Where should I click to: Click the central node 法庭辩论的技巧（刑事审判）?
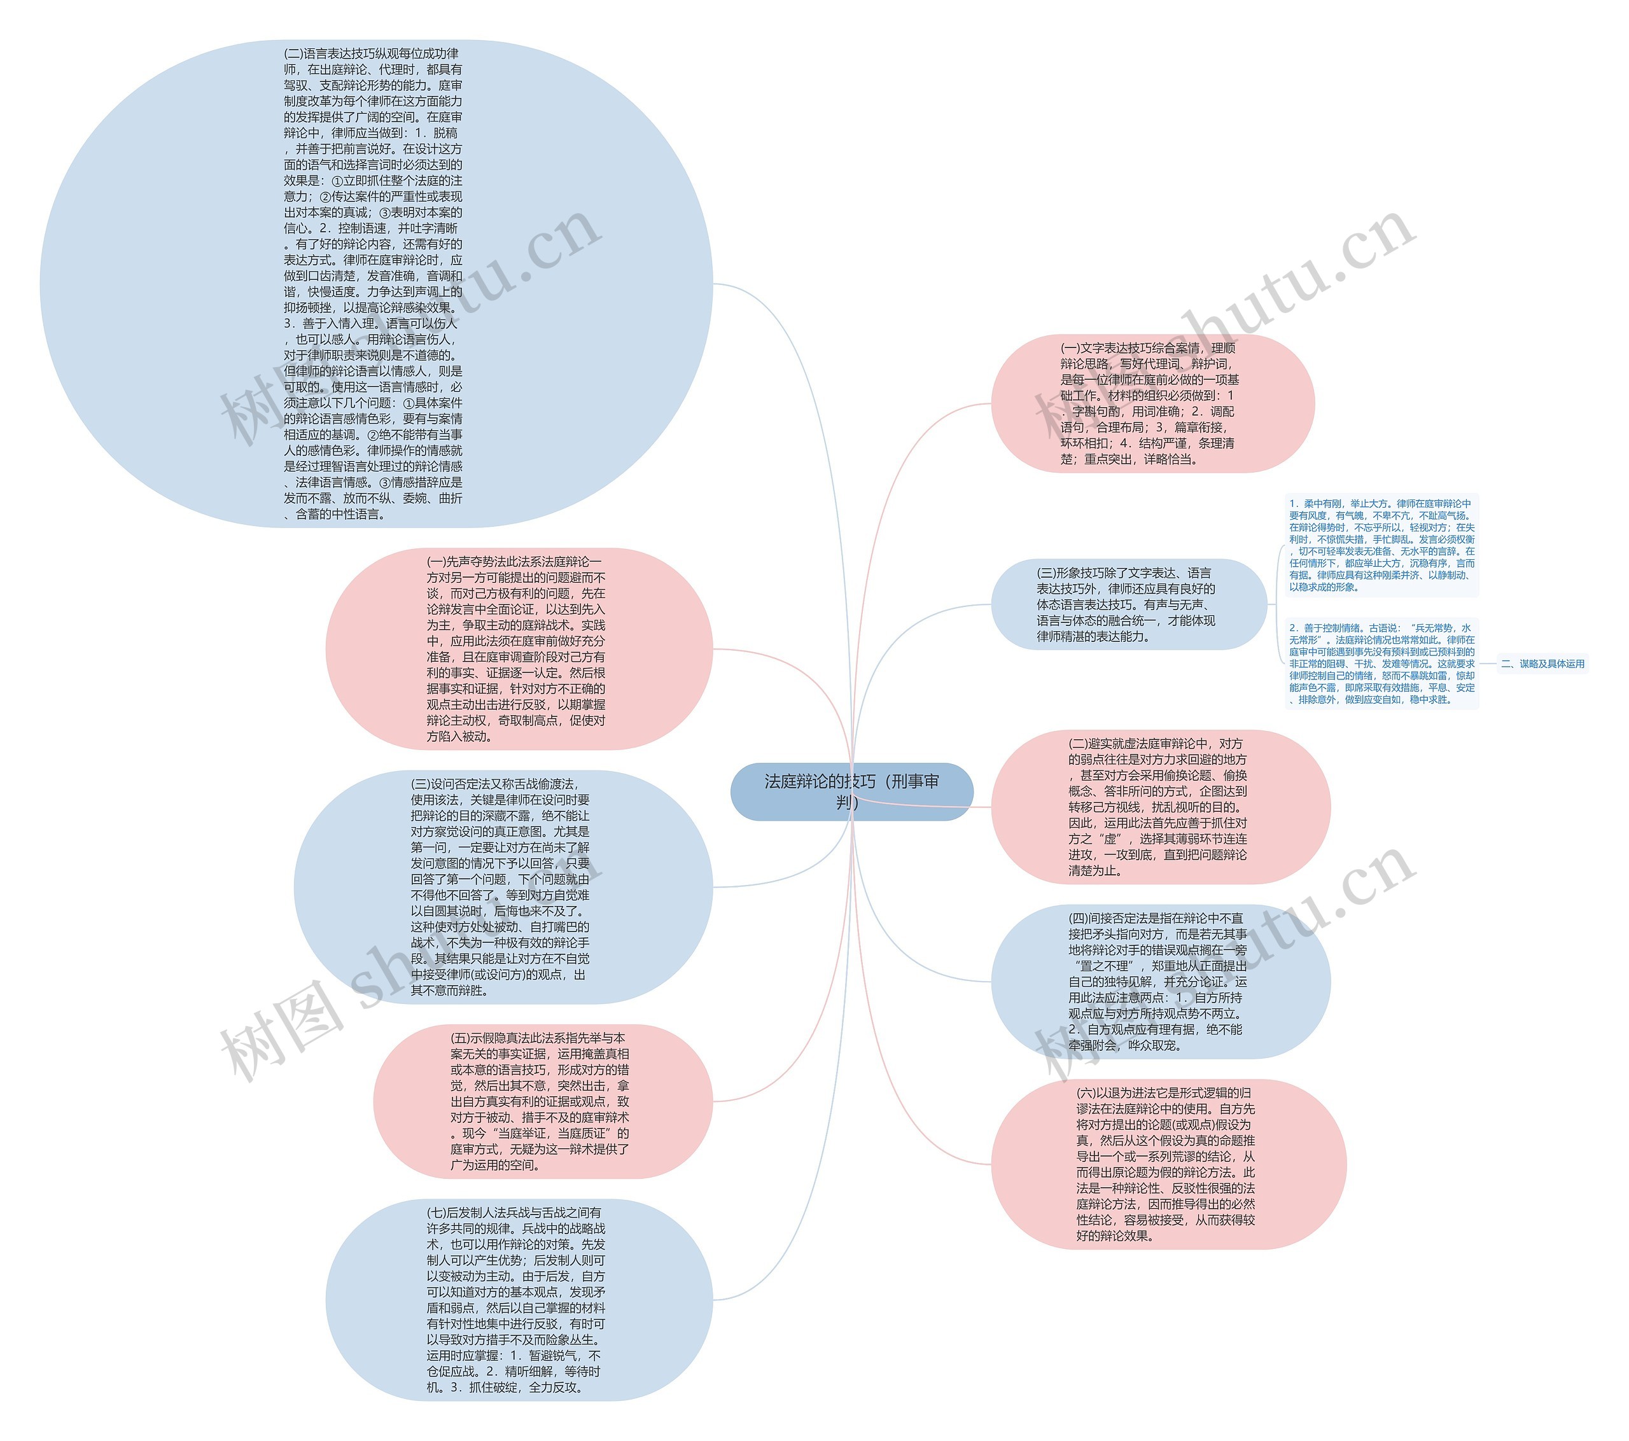(851, 791)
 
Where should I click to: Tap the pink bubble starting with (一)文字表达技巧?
(1152, 403)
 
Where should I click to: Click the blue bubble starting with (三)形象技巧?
(1127, 604)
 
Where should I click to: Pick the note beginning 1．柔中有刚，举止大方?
(1381, 545)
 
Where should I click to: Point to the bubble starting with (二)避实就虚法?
(1159, 807)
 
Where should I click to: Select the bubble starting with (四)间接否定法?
(1159, 981)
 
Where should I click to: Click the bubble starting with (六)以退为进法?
(1168, 1164)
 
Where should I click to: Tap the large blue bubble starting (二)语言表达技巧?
(375, 284)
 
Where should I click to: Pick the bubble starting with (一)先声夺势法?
(518, 649)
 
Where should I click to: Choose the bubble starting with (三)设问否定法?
(502, 886)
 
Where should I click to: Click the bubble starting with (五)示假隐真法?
(542, 1101)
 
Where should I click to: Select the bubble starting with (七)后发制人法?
(518, 1299)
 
